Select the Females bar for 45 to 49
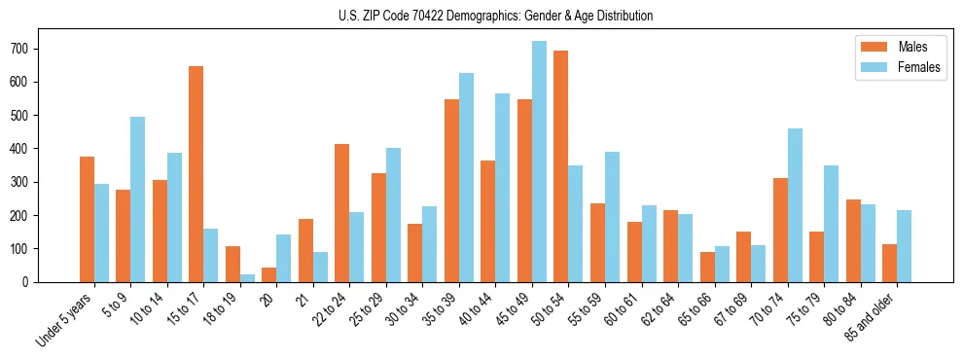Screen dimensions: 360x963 click(539, 162)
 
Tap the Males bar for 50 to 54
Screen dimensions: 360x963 click(561, 166)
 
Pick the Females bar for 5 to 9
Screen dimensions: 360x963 click(138, 199)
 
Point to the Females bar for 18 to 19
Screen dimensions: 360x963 click(247, 278)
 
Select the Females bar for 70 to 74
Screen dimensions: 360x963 click(795, 205)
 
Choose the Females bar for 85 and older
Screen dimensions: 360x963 click(905, 246)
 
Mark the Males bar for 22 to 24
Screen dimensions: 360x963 click(342, 213)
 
